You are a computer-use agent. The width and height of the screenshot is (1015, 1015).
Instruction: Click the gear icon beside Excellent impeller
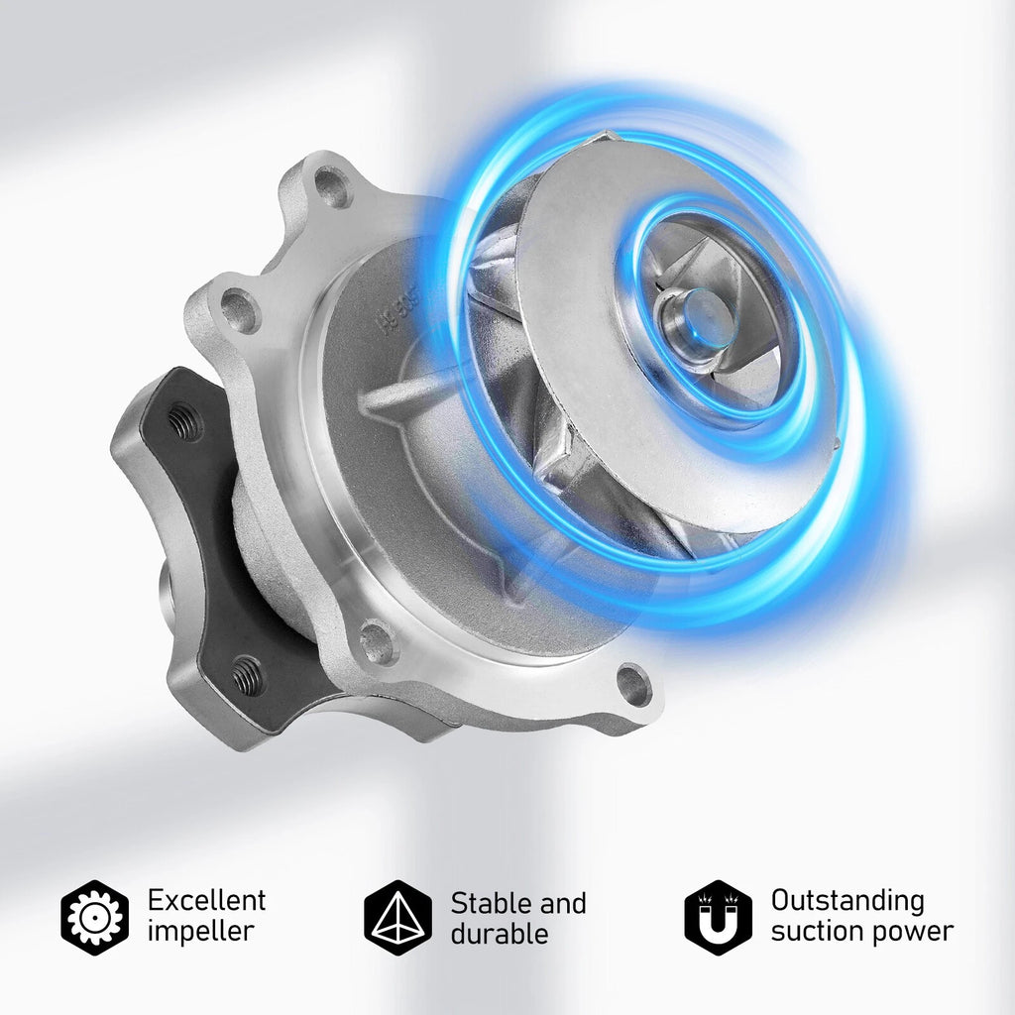tap(94, 917)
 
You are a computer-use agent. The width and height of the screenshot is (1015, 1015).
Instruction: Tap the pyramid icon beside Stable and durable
tap(397, 917)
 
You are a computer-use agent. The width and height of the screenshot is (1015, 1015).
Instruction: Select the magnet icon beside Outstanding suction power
tap(719, 917)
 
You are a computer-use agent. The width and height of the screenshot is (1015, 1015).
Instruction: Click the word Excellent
tap(206, 900)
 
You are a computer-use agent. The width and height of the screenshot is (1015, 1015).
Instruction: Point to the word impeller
tap(200, 933)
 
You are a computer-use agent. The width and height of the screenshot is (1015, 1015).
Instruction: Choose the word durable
tap(500, 934)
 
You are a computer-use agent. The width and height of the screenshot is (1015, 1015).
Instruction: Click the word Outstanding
tap(847, 901)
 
